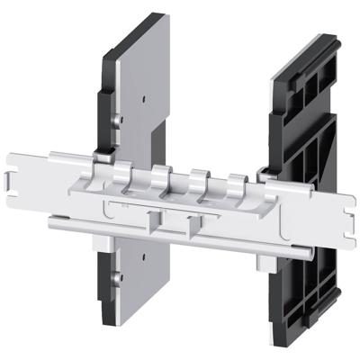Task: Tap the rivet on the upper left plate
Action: pyautogui.click(x=119, y=117)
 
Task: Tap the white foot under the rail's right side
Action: pyautogui.click(x=266, y=261)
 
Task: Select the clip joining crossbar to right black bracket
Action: pyautogui.click(x=266, y=169)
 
